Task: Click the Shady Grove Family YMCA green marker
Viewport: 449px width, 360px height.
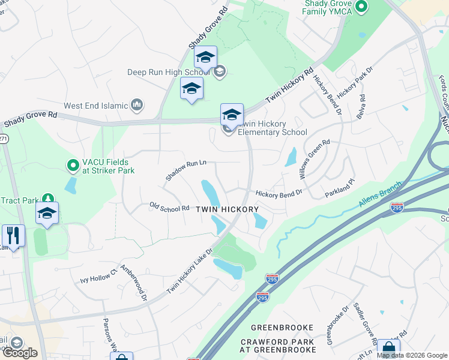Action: (x=361, y=7)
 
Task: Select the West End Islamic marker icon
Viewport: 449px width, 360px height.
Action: (x=137, y=105)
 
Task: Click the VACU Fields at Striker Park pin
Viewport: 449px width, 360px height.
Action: (x=73, y=164)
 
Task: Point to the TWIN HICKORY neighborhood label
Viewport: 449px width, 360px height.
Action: (x=228, y=209)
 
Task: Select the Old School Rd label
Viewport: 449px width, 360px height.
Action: (x=169, y=206)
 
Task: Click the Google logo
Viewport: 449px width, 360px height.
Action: (x=20, y=353)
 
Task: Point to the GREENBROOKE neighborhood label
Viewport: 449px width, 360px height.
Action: (x=282, y=328)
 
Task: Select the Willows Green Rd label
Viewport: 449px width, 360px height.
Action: (x=315, y=160)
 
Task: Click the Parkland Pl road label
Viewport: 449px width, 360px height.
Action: (x=340, y=191)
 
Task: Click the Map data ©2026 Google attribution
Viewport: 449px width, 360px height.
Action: (x=412, y=355)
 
